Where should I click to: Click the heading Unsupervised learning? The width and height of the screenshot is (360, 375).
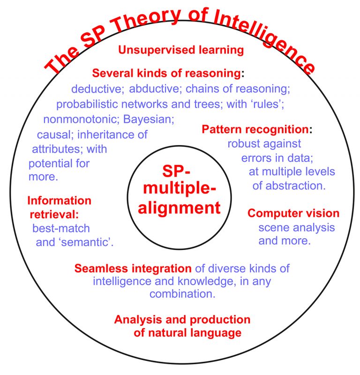tap(181, 50)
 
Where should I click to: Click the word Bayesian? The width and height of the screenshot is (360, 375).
tap(149, 119)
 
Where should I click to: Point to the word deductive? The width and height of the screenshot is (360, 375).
tap(97, 89)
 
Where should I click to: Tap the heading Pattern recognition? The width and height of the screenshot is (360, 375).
tap(255, 129)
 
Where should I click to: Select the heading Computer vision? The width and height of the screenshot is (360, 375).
tap(293, 213)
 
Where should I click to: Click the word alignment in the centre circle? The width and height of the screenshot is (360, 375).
tap(179, 207)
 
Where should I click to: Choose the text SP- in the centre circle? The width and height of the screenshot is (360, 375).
tap(176, 171)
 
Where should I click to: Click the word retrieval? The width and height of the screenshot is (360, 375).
tap(54, 214)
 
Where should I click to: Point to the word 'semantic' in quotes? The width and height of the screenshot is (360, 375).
tap(75, 242)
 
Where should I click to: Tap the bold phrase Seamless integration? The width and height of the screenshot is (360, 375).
tap(133, 269)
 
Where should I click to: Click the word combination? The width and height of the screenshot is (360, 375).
tap(182, 294)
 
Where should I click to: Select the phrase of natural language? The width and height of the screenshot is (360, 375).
tap(187, 333)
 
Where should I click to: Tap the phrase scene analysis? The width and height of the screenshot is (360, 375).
tap(297, 228)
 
